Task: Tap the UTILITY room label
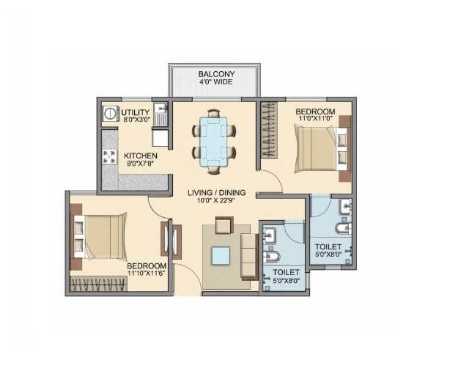tap(136, 111)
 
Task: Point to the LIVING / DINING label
tap(216, 192)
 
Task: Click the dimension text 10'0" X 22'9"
tap(216, 201)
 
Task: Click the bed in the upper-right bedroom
tap(316, 147)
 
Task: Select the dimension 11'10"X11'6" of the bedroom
tap(147, 274)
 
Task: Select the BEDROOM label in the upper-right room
tap(315, 111)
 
